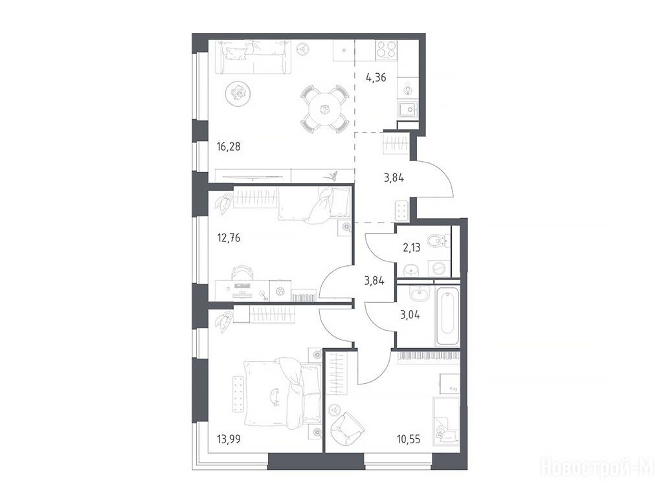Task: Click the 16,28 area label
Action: tap(229, 147)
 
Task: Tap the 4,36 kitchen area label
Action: tap(376, 78)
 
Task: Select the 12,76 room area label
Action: tap(229, 238)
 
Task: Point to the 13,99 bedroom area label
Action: tap(229, 439)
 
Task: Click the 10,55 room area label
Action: tap(409, 439)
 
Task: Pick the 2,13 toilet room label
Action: tap(411, 247)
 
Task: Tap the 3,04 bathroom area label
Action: tap(410, 315)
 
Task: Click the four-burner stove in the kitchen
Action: tap(386, 49)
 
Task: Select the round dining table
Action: tap(325, 109)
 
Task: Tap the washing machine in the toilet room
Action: tap(440, 269)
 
